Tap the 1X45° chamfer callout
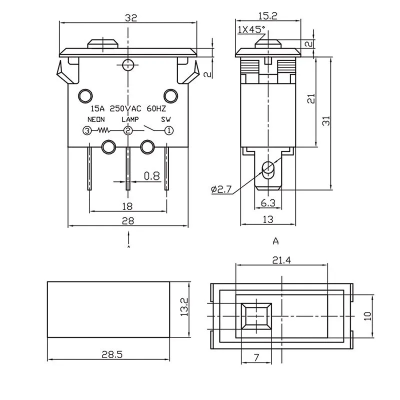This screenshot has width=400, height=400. point(251,29)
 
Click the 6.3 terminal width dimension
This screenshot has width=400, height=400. point(269,202)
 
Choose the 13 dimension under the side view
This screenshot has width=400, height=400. point(268,218)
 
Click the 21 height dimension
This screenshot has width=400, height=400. point(310,99)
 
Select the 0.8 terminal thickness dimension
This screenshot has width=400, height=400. point(152,176)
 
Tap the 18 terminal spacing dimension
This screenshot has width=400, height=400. point(128,206)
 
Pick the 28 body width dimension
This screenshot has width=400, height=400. point(128,220)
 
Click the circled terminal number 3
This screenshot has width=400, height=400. point(87,131)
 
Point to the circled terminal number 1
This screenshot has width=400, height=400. point(169,131)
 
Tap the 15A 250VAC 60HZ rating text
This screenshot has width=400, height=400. point(127,108)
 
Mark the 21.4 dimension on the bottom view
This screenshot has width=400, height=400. point(281,259)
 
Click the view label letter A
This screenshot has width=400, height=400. point(275,241)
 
